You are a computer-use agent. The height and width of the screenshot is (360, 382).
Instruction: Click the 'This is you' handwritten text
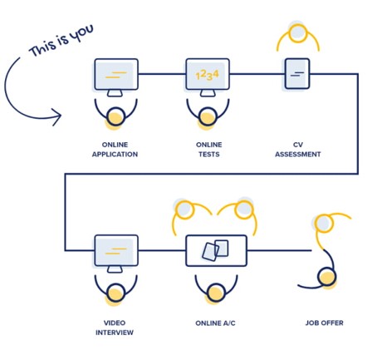[x=61, y=40]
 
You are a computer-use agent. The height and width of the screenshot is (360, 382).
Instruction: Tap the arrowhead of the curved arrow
[x=56, y=116]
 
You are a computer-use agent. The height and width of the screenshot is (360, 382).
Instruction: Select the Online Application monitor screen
[x=116, y=74]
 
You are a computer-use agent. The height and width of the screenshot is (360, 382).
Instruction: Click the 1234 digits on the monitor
[x=208, y=75]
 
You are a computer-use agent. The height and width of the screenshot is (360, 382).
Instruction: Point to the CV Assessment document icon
[x=297, y=73]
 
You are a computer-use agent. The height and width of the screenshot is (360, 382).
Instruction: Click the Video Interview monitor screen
[x=116, y=250]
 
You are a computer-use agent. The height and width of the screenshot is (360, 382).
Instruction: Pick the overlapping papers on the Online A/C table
[x=215, y=250]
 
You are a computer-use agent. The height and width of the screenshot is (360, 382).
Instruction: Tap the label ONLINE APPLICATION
[x=115, y=150]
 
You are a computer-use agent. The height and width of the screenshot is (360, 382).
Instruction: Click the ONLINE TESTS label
[x=209, y=150]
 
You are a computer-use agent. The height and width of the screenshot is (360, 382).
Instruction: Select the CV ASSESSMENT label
[x=298, y=150]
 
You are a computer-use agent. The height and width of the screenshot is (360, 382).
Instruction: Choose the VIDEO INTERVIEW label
[x=115, y=328]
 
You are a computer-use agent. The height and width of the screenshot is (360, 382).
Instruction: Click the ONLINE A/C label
[x=215, y=323]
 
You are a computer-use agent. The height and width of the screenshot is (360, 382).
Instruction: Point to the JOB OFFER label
[x=325, y=323]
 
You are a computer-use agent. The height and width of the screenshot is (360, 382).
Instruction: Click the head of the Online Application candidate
[x=115, y=116]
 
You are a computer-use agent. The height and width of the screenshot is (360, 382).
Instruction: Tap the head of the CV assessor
[x=298, y=33]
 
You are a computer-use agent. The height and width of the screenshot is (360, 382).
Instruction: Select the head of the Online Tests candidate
[x=208, y=116]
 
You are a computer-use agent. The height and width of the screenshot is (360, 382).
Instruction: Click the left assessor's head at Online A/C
[x=184, y=210]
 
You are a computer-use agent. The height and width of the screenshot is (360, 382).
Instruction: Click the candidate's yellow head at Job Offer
[x=327, y=277]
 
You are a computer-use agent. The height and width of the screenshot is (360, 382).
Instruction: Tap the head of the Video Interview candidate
[x=115, y=293]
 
